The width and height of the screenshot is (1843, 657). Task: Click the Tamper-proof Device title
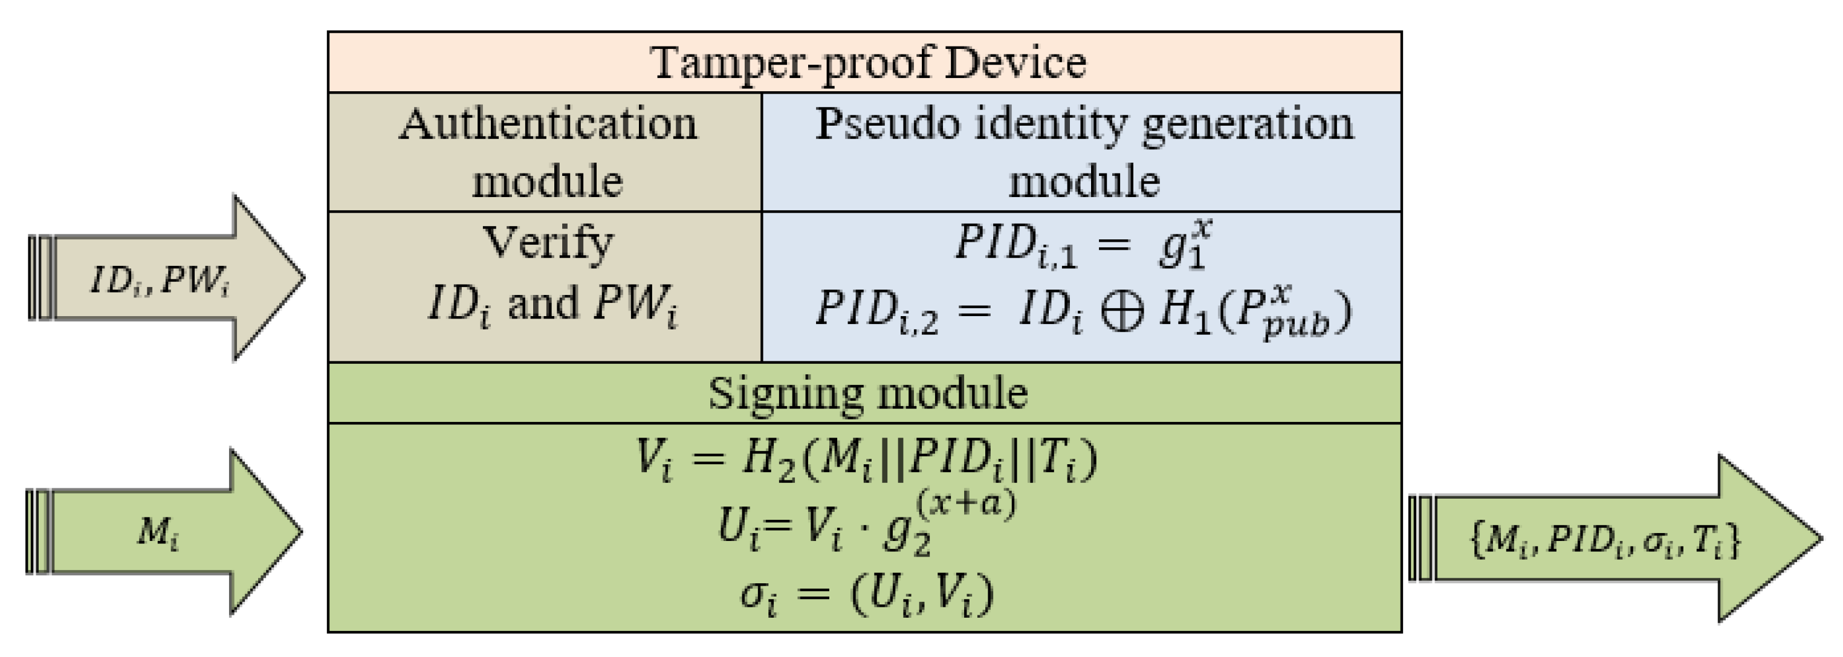click(x=867, y=63)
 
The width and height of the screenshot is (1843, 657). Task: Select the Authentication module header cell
click(x=546, y=152)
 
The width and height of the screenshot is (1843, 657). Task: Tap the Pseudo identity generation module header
click(x=1083, y=152)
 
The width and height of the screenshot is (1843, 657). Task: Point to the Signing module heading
click(x=867, y=393)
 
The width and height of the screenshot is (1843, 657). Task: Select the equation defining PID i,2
click(x=1083, y=312)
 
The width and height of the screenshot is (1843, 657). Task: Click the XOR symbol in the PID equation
click(x=1121, y=312)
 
